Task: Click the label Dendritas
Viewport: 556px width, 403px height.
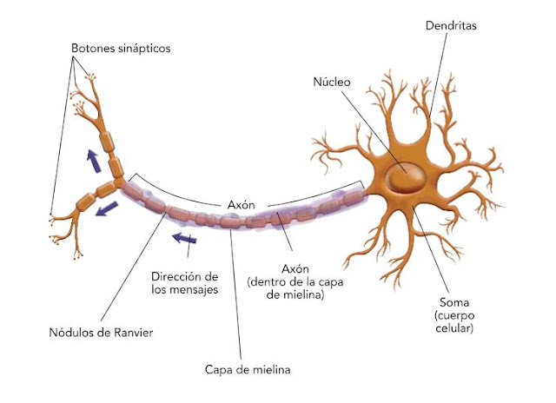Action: coord(451,26)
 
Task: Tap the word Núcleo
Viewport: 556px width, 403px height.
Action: coord(332,83)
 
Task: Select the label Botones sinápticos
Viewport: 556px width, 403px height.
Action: coord(120,49)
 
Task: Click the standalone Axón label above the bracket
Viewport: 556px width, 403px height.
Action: coord(241,204)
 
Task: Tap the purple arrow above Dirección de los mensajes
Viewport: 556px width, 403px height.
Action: coord(183,237)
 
